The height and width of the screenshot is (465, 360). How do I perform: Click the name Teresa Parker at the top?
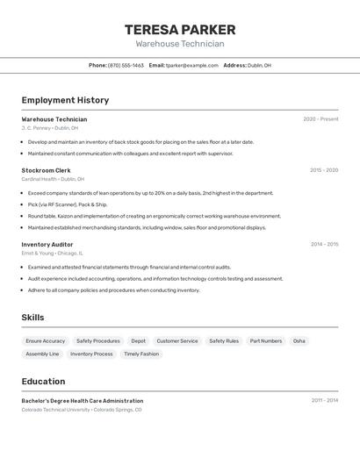tap(180, 29)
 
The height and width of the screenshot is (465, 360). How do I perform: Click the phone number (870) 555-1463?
tap(126, 65)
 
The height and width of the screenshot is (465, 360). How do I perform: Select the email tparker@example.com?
tap(192, 65)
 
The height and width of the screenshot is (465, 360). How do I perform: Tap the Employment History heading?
tap(65, 100)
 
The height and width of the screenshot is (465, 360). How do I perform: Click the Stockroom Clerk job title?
tap(46, 170)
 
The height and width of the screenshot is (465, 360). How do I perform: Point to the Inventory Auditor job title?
tap(47, 244)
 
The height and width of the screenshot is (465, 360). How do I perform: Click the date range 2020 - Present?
tap(320, 119)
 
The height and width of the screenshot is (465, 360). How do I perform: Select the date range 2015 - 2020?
tap(324, 170)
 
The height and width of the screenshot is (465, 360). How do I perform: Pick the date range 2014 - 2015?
tap(324, 244)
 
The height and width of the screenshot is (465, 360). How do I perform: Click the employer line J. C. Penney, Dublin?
tap(50, 127)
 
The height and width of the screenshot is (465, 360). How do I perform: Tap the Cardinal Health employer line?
tap(53, 178)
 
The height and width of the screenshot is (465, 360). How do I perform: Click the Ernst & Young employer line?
tap(53, 252)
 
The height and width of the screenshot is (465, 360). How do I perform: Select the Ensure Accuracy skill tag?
tap(46, 340)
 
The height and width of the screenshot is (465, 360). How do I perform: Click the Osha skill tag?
tap(299, 340)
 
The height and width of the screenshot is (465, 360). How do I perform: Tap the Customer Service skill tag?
tap(177, 340)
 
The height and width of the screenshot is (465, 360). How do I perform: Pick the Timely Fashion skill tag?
tap(141, 354)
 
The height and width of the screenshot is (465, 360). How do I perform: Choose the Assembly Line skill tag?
tap(42, 354)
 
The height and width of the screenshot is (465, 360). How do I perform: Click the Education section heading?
tap(43, 382)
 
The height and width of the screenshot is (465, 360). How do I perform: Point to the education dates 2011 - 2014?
tap(324, 400)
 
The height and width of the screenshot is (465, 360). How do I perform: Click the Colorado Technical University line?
tap(81, 409)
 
